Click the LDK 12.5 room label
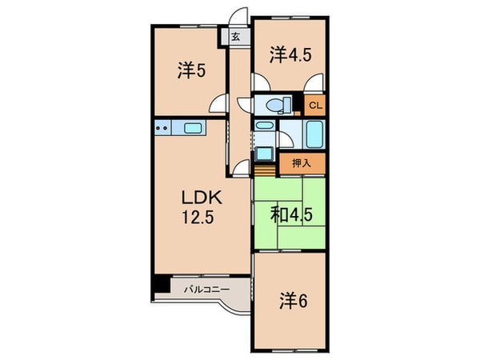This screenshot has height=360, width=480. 202,207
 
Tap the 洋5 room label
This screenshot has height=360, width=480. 191,71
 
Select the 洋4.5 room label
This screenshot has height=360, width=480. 290,55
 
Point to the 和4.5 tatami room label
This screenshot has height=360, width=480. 291,215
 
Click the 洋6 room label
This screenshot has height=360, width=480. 293,301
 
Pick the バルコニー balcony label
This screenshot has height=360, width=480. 207,290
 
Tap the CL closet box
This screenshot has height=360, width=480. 315,106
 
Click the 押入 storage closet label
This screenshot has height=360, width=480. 302,163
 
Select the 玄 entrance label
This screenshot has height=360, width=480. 235,37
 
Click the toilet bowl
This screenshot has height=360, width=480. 275,106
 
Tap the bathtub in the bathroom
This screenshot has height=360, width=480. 314,134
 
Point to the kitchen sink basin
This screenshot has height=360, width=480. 193,128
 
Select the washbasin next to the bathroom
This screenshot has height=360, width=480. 265,125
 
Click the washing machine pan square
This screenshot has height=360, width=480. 265,154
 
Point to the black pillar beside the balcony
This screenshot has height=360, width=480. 162,284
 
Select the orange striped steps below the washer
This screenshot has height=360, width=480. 265,170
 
